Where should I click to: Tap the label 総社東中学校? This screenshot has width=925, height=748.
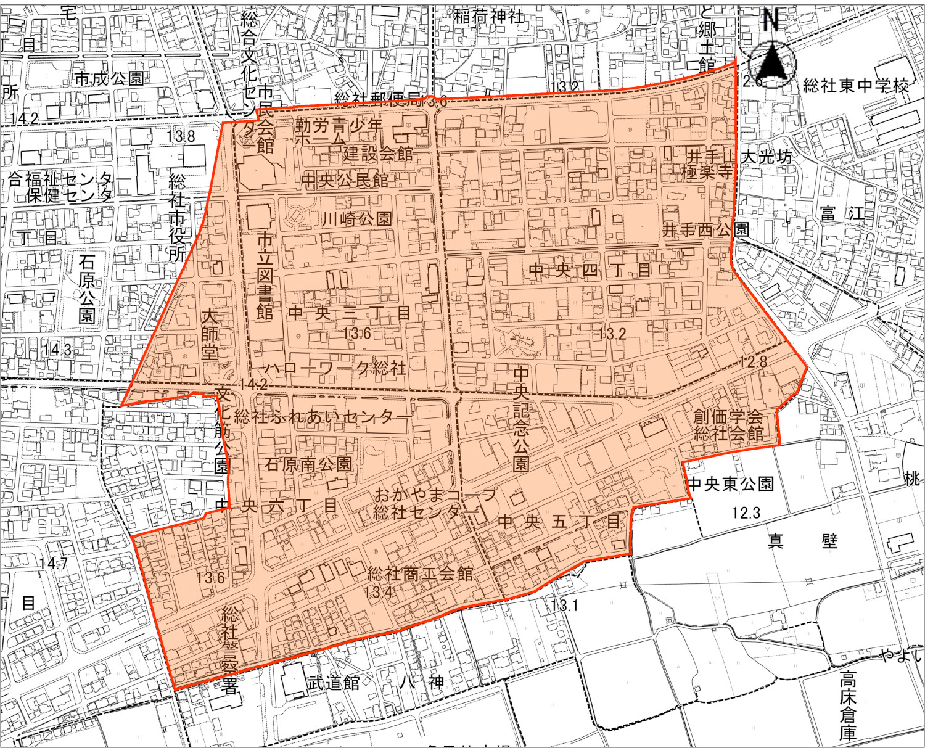tap(856, 86)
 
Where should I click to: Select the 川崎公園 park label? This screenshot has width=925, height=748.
tap(357, 218)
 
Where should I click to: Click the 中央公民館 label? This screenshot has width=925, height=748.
tap(345, 180)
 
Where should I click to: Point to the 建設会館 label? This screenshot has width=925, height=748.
tap(378, 153)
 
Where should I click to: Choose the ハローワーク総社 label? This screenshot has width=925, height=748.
tap(335, 368)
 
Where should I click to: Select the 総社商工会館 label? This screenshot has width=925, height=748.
tap(420, 573)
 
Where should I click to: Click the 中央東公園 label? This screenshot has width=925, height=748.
tap(731, 483)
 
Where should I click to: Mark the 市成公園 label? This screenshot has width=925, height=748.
tap(109, 78)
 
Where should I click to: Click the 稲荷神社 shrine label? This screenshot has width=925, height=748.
tap(488, 17)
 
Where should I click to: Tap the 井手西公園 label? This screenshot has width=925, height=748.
tap(705, 230)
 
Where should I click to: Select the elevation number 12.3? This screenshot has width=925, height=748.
tap(746, 512)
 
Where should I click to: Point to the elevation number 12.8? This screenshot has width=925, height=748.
tap(754, 361)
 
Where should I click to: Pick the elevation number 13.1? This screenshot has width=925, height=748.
tap(565, 606)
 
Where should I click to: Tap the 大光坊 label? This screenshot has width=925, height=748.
tap(766, 157)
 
